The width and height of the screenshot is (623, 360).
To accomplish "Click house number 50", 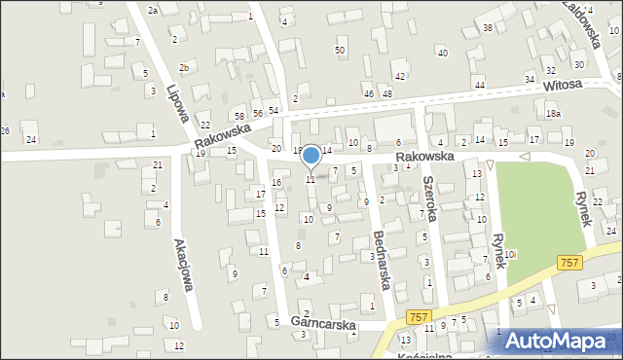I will coord(340,50).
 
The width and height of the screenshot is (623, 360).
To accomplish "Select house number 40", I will coord(442,53).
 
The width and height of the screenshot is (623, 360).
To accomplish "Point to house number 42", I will coord(399,76).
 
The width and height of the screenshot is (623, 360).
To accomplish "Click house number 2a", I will coord(153,10).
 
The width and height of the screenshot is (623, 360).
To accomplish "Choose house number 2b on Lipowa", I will coord(184,67).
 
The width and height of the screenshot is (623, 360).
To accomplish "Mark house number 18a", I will coord(553,114).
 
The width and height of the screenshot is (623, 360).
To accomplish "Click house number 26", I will coord(6,130).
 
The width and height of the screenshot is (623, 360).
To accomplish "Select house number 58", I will coord(238,117).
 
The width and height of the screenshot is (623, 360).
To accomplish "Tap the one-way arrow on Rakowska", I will coord(524,156).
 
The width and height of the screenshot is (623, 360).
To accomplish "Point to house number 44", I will coord(479,86).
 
